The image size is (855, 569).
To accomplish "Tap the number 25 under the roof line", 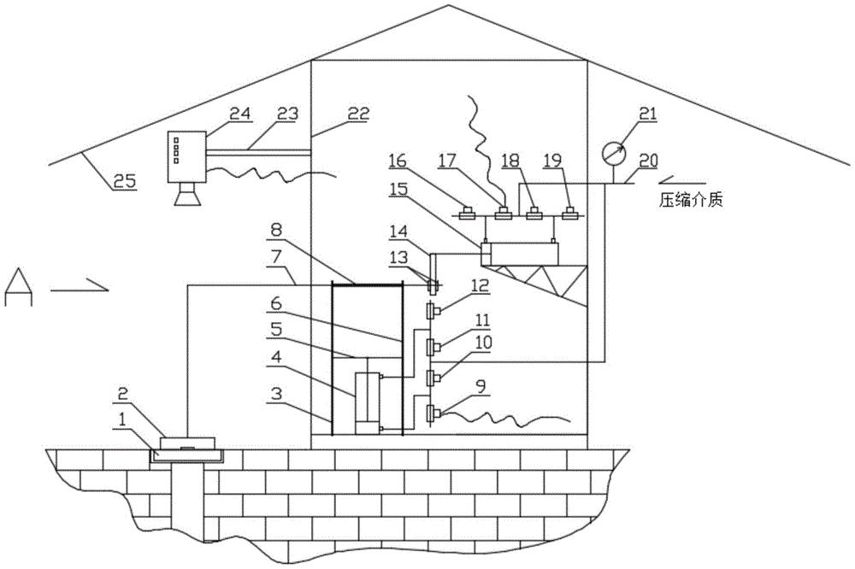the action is point(124,180).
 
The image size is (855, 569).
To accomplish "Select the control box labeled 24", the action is point(186,156).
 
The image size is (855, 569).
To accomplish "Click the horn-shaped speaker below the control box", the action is point(187,195).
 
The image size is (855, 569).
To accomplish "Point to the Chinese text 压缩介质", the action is point(692,201).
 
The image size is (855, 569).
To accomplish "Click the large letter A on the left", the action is point(19,286).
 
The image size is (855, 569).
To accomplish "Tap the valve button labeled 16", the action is point(468,213).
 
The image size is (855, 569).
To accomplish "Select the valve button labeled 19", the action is point(571,213).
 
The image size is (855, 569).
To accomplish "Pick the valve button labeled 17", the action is point(502,213).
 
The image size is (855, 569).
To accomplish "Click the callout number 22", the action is point(358,114).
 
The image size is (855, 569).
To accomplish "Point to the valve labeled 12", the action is point(433,311).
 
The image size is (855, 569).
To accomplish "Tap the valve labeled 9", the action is point(433,414).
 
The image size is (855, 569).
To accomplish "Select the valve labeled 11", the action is point(433,345).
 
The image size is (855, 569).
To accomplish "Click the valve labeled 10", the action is point(433,377).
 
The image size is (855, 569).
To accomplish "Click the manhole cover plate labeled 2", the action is point(188,442).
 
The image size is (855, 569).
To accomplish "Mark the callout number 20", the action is point(647,161).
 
